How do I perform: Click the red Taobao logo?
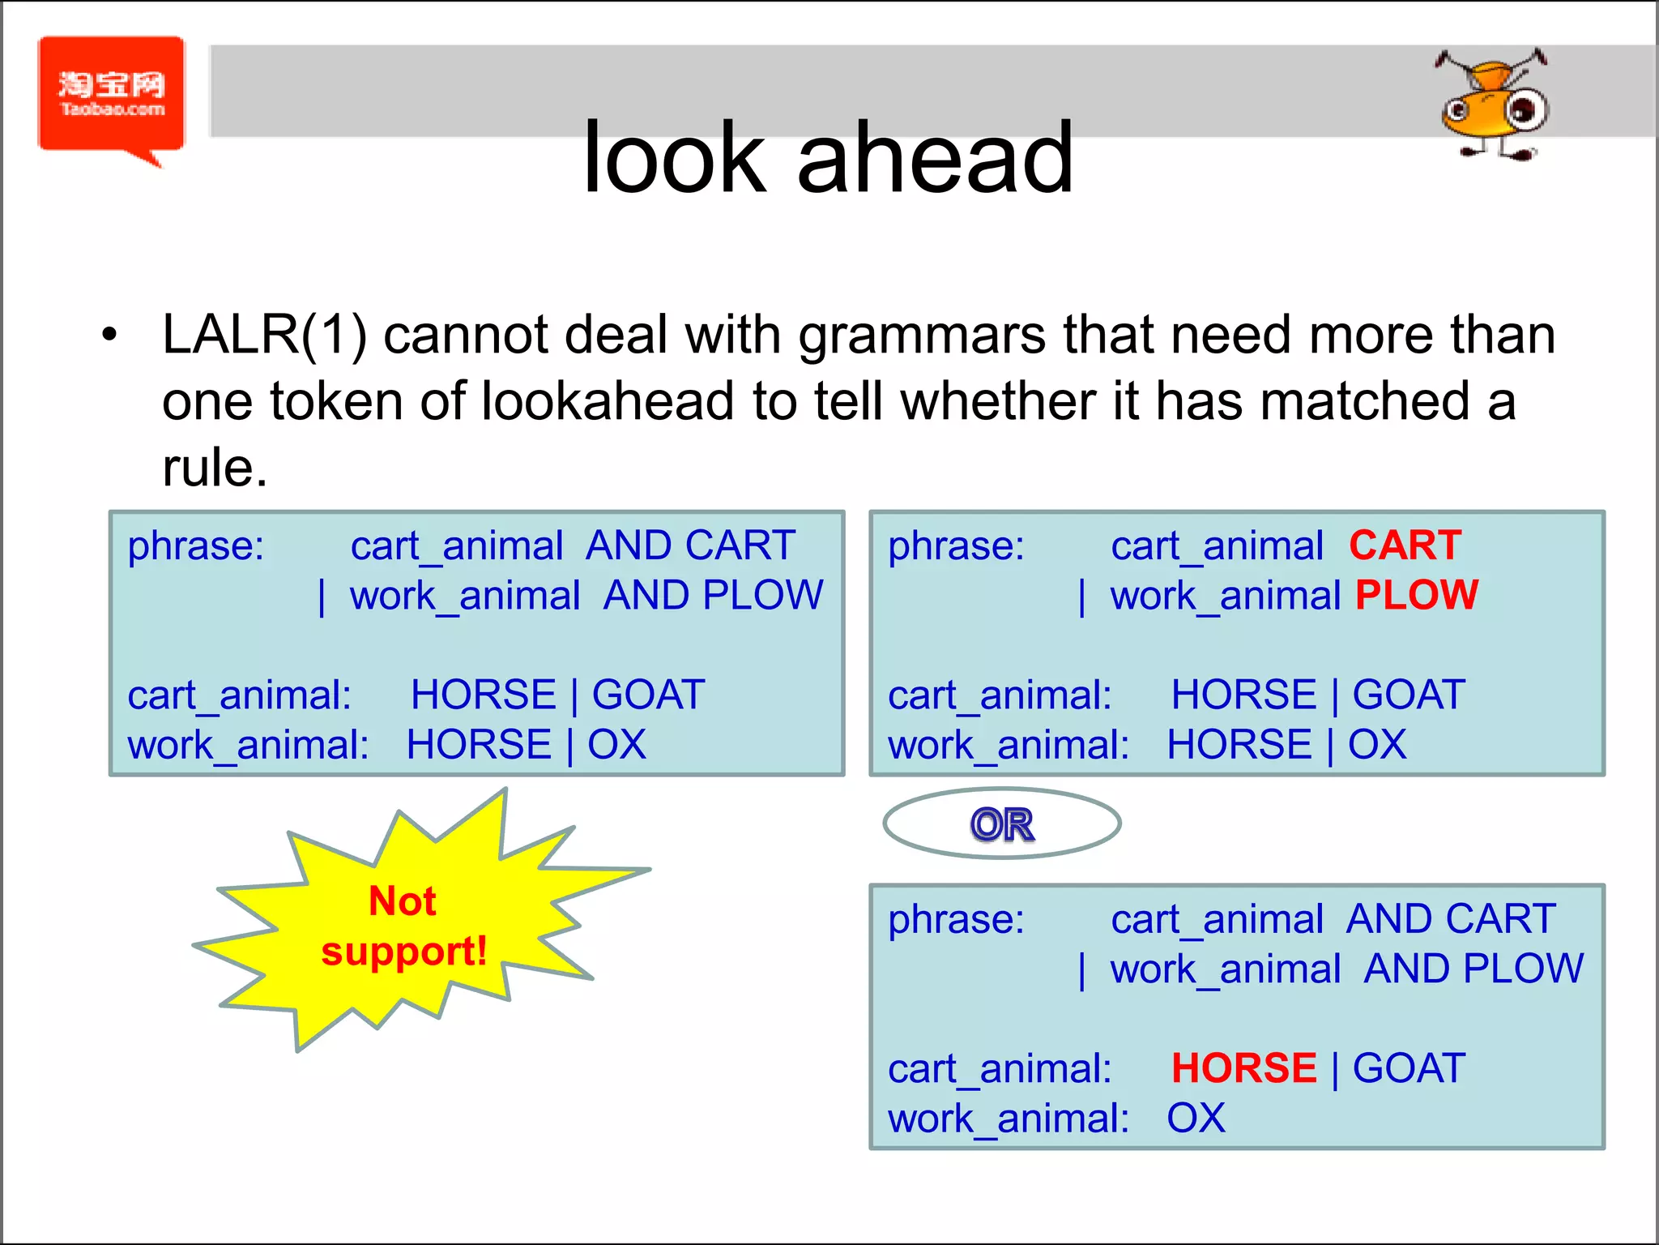click(111, 95)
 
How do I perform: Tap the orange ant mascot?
click(1493, 105)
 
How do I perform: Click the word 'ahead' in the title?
click(935, 158)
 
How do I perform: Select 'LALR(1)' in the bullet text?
click(264, 335)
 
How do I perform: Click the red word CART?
click(1405, 545)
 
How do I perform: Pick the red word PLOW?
click(1417, 596)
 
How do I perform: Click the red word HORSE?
click(1243, 1068)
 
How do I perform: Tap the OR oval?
click(1002, 824)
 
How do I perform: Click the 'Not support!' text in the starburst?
click(403, 926)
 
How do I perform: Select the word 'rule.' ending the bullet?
click(215, 468)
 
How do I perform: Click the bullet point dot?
click(109, 335)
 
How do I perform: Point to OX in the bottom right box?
click(1196, 1119)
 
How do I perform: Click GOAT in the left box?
click(648, 695)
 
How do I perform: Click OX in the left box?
click(616, 745)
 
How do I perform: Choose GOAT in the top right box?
click(1409, 695)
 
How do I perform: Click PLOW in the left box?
click(762, 596)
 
